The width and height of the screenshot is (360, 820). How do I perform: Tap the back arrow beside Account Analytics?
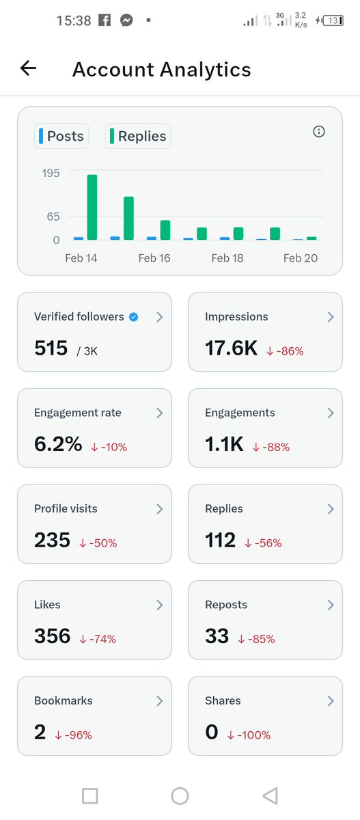pyautogui.click(x=28, y=68)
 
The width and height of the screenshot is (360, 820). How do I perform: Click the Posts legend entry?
pyautogui.click(x=61, y=136)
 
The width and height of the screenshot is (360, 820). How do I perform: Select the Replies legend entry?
pyautogui.click(x=138, y=136)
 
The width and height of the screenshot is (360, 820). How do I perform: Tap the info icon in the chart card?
pyautogui.click(x=318, y=132)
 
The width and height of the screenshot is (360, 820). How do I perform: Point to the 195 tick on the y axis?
pyautogui.click(x=51, y=173)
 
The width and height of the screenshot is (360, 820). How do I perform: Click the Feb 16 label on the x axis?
pyautogui.click(x=154, y=258)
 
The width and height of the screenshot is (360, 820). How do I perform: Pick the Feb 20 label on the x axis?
pyautogui.click(x=301, y=258)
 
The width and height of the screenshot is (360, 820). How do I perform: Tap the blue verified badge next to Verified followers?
pyautogui.click(x=134, y=317)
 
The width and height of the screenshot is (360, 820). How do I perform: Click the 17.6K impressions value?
pyautogui.click(x=231, y=348)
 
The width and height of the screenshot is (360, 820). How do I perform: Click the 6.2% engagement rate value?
pyautogui.click(x=58, y=444)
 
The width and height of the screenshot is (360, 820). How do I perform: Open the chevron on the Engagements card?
pyautogui.click(x=331, y=413)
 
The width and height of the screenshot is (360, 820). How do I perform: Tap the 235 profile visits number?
pyautogui.click(x=52, y=540)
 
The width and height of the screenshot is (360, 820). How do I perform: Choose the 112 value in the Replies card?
pyautogui.click(x=220, y=540)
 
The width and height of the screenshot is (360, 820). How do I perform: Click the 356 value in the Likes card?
pyautogui.click(x=52, y=636)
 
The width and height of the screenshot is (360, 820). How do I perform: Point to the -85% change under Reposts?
pyautogui.click(x=256, y=639)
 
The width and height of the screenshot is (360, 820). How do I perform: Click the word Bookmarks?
pyautogui.click(x=63, y=700)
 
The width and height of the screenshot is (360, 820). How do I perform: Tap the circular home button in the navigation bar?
pyautogui.click(x=180, y=795)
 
